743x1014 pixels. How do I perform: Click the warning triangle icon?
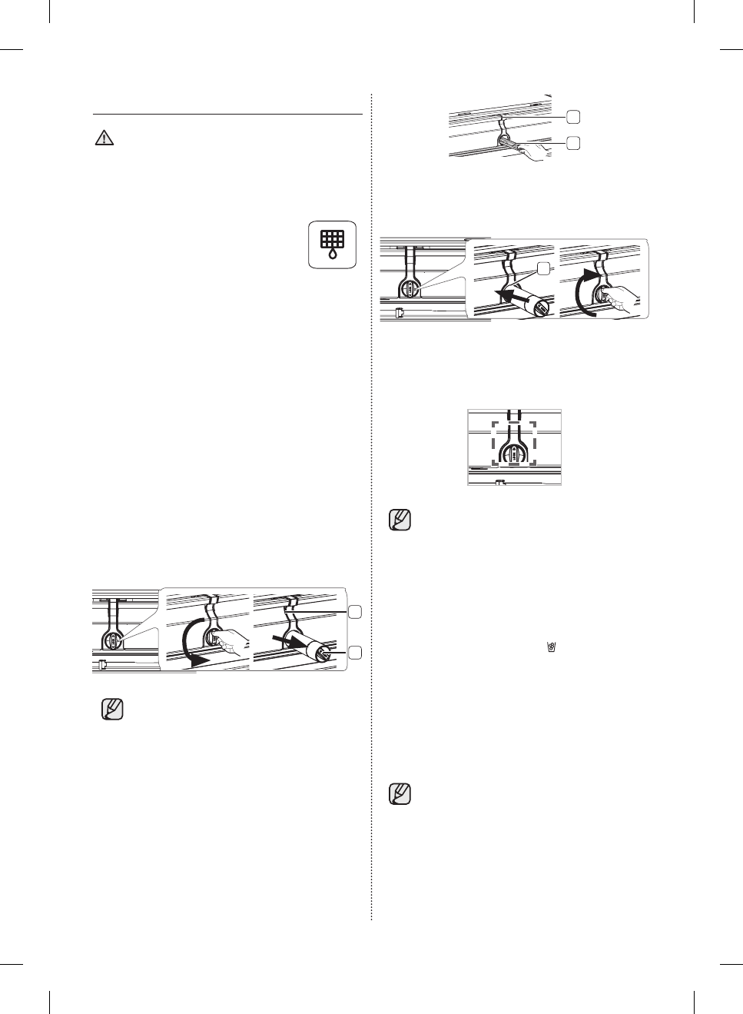pos(104,138)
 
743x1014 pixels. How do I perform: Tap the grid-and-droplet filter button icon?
pos(333,244)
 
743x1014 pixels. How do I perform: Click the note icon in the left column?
pos(112,709)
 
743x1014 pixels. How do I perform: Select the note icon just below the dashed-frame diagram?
pos(400,520)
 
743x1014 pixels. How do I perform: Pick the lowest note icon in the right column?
pos(400,793)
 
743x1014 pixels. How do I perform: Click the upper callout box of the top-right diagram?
pos(573,116)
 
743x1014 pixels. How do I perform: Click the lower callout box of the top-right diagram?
pos(573,143)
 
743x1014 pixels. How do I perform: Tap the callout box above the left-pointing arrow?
pos(543,268)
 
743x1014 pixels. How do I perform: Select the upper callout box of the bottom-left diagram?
pos(354,612)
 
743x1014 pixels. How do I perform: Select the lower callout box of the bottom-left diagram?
pos(354,653)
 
